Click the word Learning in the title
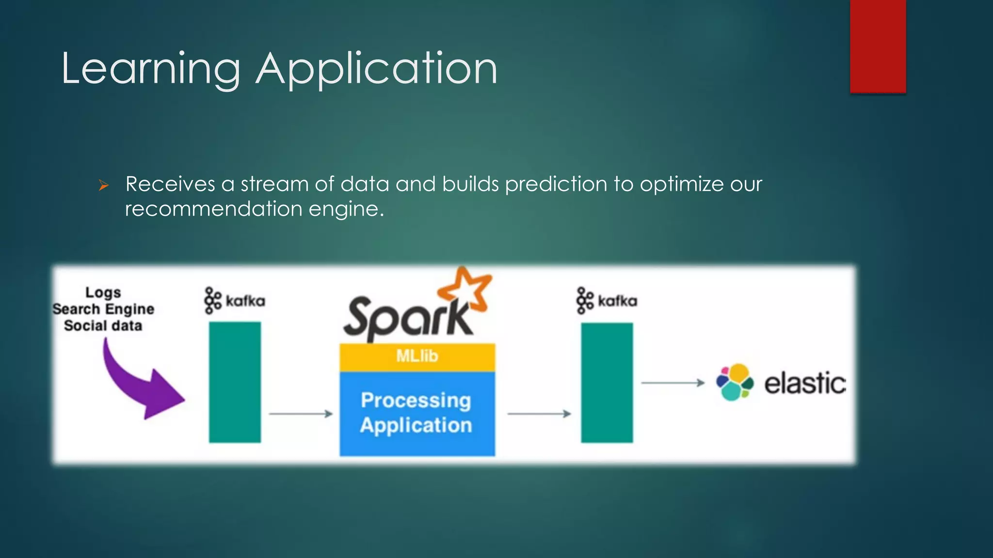[x=151, y=69]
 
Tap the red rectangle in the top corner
[x=878, y=46]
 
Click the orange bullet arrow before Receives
[x=103, y=185]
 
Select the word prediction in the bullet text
[x=556, y=185]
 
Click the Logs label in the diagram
[x=103, y=293]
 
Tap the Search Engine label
[x=103, y=309]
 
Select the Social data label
[x=103, y=325]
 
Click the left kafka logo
[x=235, y=301]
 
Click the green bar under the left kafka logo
[x=235, y=382]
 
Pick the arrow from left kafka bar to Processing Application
[x=301, y=414]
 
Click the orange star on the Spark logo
[x=464, y=290]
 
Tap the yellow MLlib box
[x=417, y=356]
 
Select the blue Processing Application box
[x=417, y=413]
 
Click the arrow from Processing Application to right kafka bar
[x=539, y=414]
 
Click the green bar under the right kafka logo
[x=607, y=383]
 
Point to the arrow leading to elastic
[x=673, y=383]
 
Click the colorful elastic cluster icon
[x=735, y=382]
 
